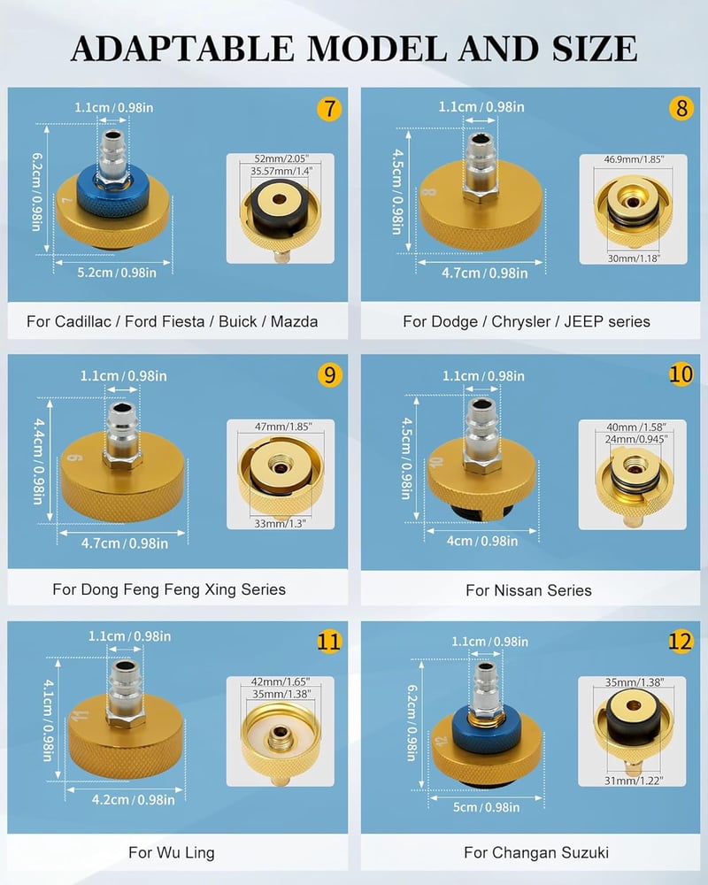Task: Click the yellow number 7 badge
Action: pyautogui.click(x=329, y=108)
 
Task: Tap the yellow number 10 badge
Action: pyautogui.click(x=681, y=373)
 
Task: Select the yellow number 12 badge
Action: pyautogui.click(x=681, y=641)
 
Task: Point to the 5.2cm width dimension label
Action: pyautogui.click(x=117, y=273)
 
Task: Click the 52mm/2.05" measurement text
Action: pyautogui.click(x=281, y=158)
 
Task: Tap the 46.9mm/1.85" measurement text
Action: pyautogui.click(x=634, y=159)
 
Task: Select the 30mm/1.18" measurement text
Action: pyautogui.click(x=634, y=258)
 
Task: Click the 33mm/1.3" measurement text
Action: pyautogui.click(x=280, y=523)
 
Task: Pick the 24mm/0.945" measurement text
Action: pyautogui.click(x=636, y=439)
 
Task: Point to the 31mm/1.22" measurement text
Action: pyautogui.click(x=634, y=781)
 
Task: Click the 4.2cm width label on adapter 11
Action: pyautogui.click(x=134, y=800)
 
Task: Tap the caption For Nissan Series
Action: pyautogui.click(x=528, y=590)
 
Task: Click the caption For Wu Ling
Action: pyautogui.click(x=172, y=852)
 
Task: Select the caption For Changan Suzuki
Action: pyautogui.click(x=536, y=852)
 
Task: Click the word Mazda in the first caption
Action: pyautogui.click(x=294, y=322)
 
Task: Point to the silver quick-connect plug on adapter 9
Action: pyautogui.click(x=122, y=435)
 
